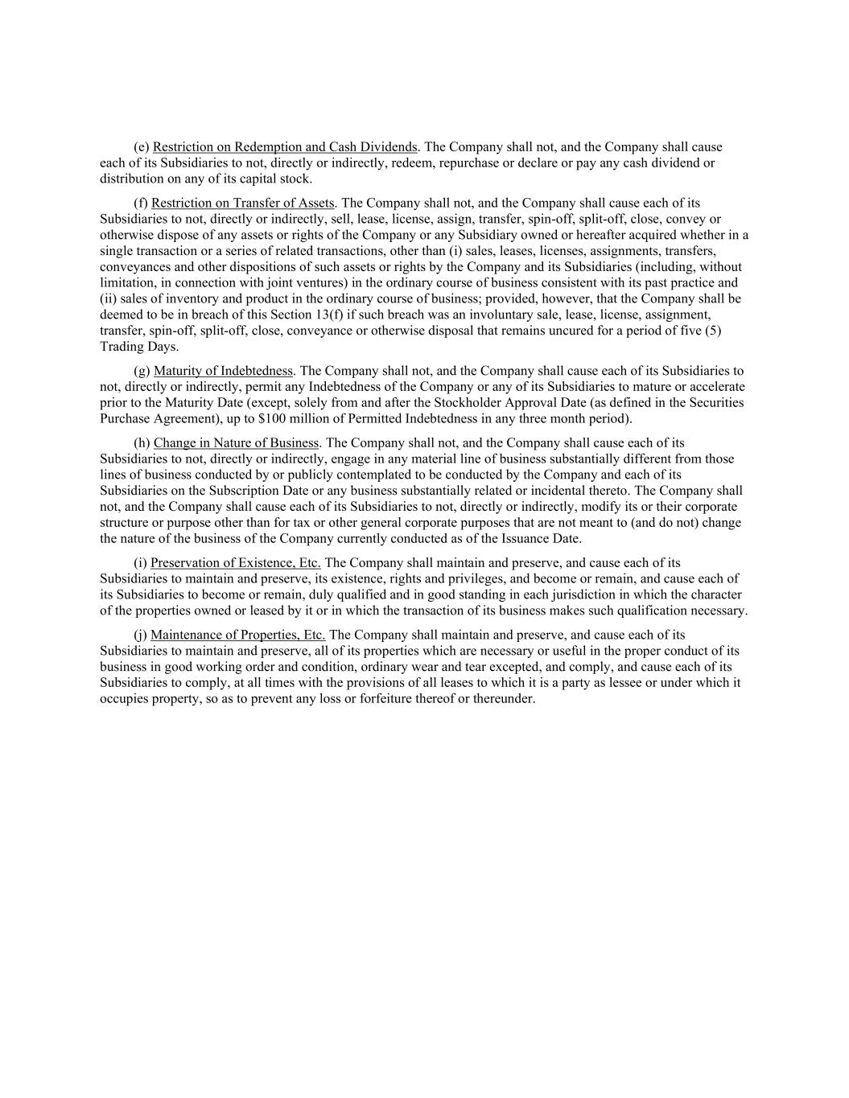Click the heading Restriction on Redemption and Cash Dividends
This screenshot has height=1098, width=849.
coord(285,147)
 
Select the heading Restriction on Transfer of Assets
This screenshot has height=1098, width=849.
coord(243,204)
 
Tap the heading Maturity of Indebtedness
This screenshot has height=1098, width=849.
coord(223,371)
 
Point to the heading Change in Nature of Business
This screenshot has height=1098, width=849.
coord(236,443)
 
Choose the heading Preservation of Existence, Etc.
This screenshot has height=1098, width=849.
coord(236,563)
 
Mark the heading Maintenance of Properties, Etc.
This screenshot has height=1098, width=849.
coord(237,635)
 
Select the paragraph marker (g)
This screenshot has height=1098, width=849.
coord(142,371)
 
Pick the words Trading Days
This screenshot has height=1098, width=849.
coord(139,347)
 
